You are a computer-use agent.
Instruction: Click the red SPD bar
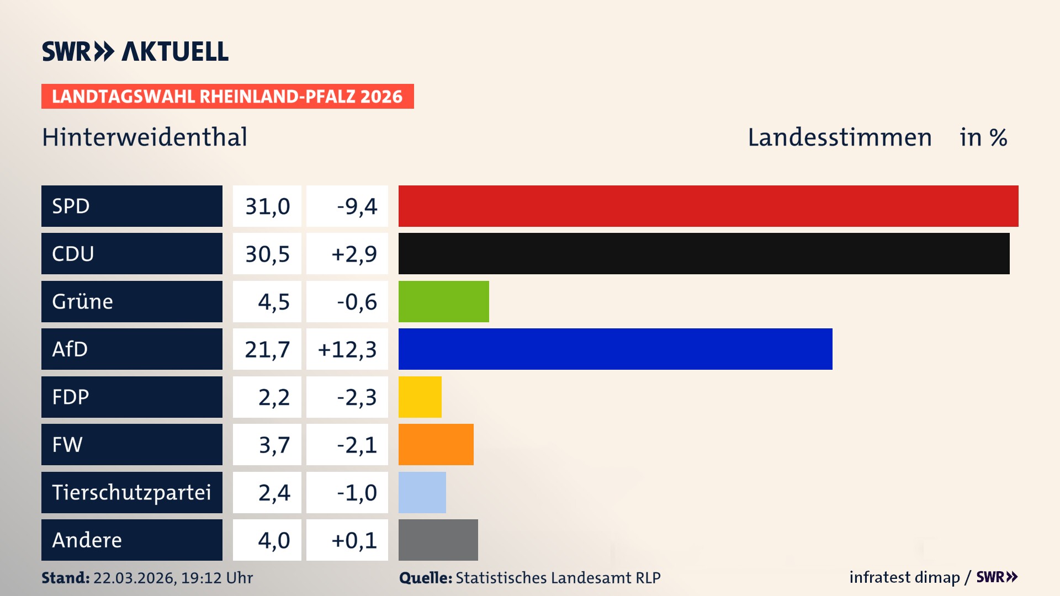(708, 206)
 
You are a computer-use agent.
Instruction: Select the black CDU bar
(704, 253)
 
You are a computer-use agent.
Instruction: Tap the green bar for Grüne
(443, 301)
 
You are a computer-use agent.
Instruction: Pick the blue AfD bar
(615, 349)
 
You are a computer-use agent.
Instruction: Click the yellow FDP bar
(420, 397)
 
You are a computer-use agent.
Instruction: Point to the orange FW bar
(436, 444)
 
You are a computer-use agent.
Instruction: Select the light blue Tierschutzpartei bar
(422, 492)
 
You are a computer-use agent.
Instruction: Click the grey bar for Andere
(438, 540)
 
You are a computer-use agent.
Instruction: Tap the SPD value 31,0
(267, 206)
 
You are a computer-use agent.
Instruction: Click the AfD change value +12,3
(347, 349)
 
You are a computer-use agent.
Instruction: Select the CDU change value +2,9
(354, 254)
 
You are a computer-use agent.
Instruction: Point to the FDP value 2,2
(274, 397)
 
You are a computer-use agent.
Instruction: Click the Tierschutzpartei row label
(131, 492)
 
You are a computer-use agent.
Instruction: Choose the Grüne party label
(83, 301)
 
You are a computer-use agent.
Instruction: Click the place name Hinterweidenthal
(145, 137)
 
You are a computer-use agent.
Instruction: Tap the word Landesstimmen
(839, 137)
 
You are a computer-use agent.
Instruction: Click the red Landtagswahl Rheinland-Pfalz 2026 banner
(227, 96)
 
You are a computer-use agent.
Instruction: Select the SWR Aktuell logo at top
(135, 51)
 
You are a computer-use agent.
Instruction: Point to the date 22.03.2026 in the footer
(134, 578)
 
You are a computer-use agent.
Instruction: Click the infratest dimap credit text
(904, 577)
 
